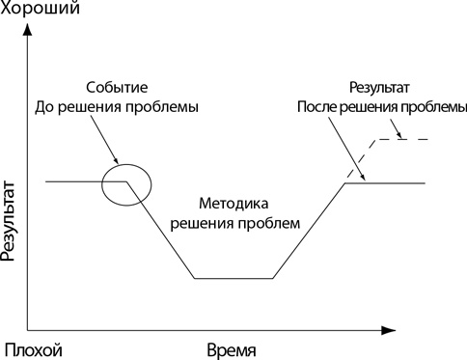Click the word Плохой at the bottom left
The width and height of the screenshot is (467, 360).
(34, 347)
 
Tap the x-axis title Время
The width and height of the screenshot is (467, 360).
(232, 347)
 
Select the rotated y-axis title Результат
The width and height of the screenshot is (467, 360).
(11, 222)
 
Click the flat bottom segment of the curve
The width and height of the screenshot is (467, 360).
(233, 279)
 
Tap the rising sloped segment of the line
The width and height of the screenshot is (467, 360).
(309, 231)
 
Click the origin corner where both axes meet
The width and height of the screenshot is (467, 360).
(28, 328)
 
